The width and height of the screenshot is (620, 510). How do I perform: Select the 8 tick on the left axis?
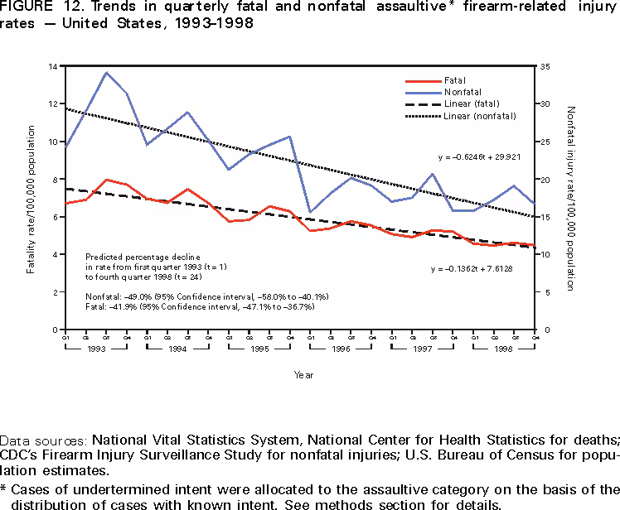pos(53,180)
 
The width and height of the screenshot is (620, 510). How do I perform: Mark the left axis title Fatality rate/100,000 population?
pos(31,199)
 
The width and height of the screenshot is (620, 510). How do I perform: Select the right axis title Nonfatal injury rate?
pos(570,199)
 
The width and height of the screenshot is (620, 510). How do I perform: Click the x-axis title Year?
pos(303,375)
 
